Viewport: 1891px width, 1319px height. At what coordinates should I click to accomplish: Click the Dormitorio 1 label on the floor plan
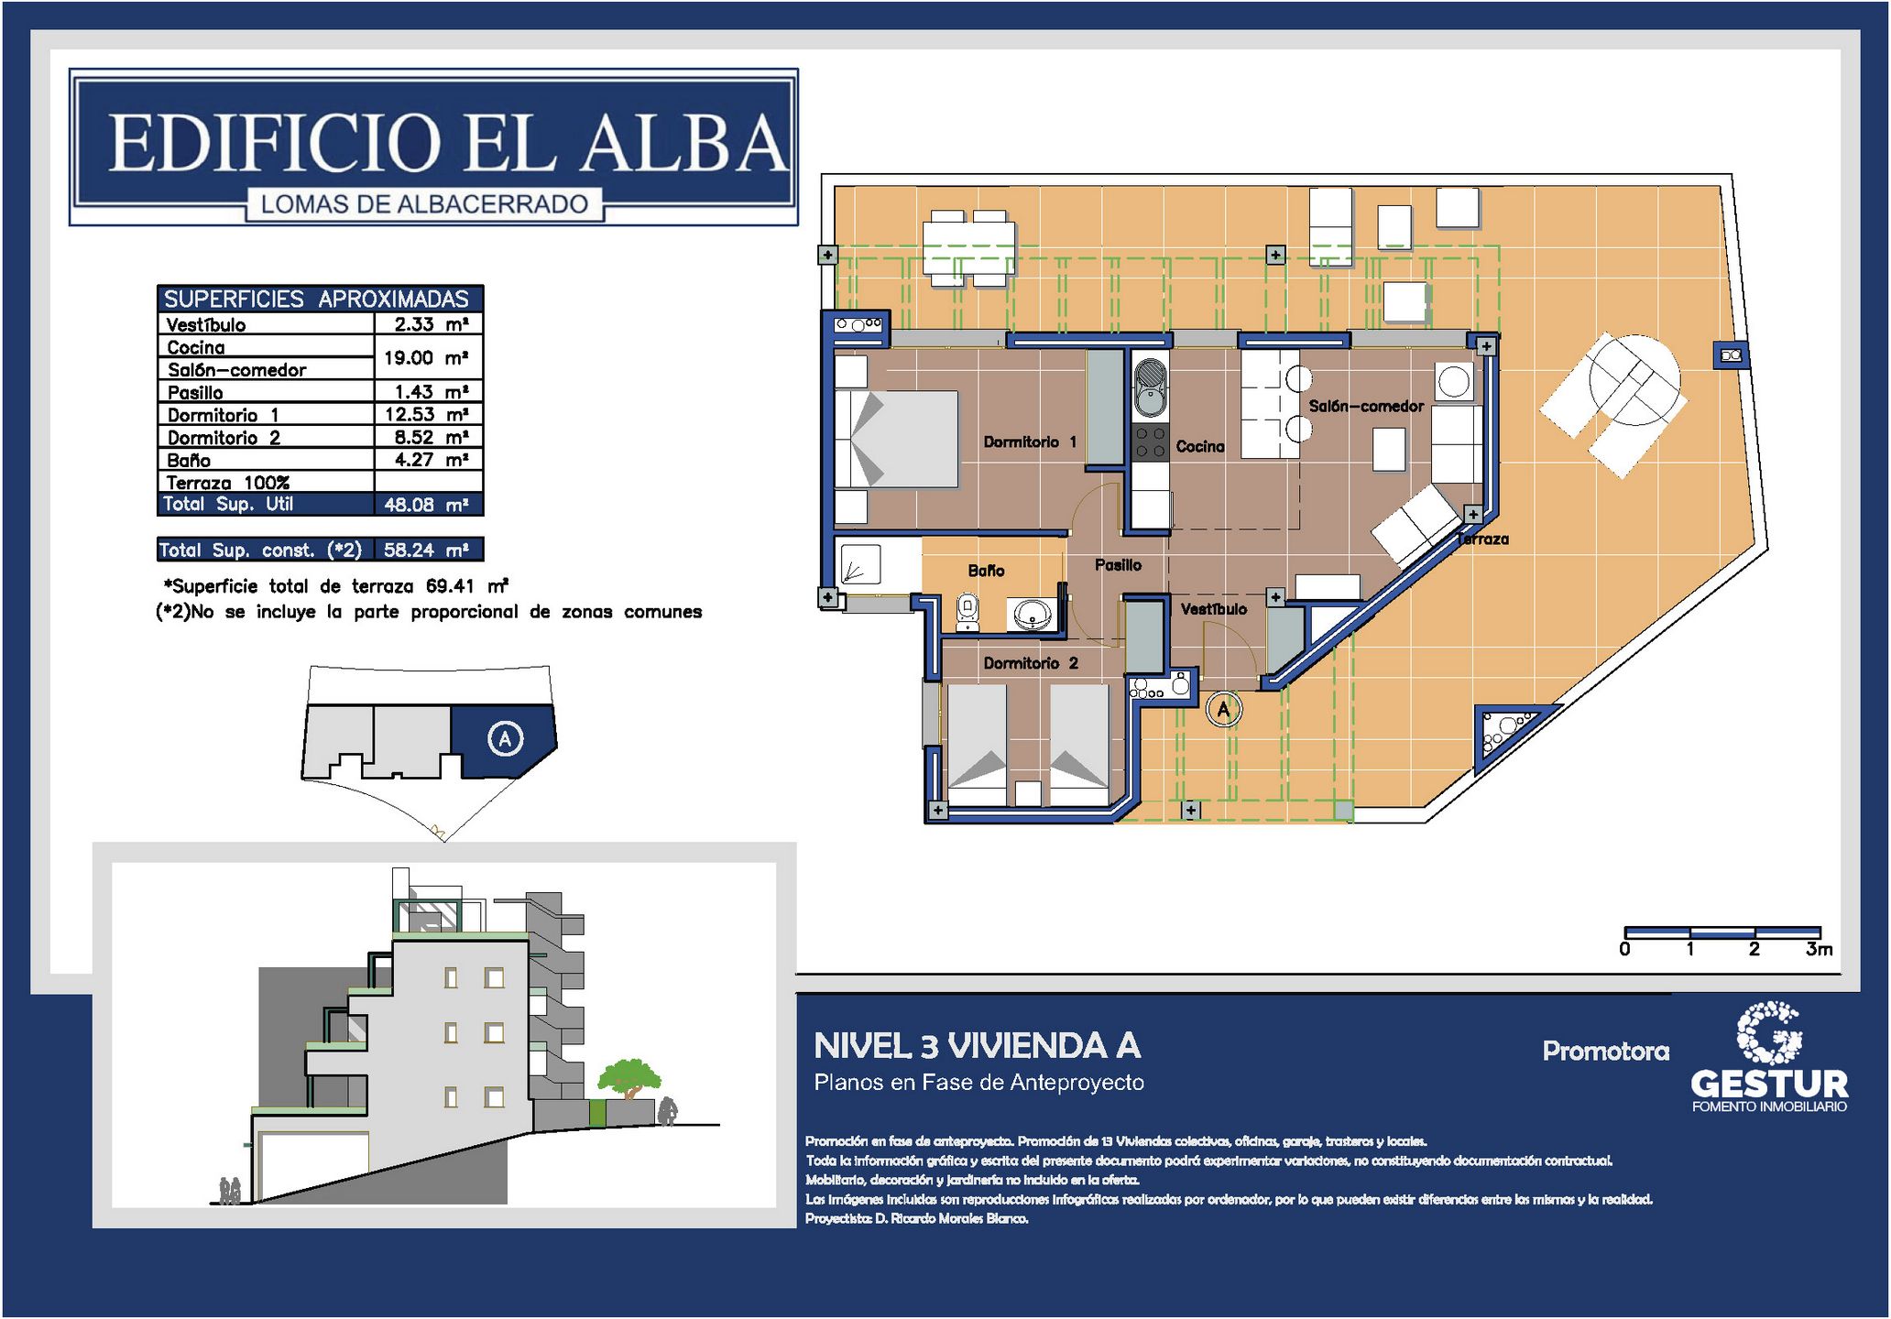[x=1030, y=442]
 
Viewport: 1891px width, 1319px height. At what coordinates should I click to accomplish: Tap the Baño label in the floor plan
[x=986, y=571]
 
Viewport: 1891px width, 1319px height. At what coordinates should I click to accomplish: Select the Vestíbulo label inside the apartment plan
[x=1213, y=609]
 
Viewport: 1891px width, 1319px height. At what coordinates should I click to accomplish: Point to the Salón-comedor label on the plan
[x=1366, y=406]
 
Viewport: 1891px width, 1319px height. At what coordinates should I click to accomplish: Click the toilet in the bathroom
[x=967, y=613]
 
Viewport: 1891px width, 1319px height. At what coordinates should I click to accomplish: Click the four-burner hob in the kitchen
[x=1150, y=441]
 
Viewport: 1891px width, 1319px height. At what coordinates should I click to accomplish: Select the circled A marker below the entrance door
[x=1223, y=709]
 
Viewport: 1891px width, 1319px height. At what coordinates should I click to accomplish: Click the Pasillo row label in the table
[x=195, y=393]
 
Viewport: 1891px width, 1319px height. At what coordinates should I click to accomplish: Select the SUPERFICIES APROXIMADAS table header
[x=316, y=299]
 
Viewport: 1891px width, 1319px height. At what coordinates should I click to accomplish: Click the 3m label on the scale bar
[x=1819, y=950]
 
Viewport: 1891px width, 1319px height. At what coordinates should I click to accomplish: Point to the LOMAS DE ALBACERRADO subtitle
[x=424, y=204]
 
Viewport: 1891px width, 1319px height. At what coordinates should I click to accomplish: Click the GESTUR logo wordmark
[x=1769, y=1085]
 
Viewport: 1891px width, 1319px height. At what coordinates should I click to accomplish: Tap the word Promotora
[x=1605, y=1051]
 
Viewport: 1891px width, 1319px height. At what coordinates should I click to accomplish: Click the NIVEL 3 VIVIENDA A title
[x=977, y=1046]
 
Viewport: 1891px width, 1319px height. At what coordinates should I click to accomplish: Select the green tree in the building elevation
[x=629, y=1078]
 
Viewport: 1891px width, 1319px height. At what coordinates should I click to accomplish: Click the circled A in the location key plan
[x=505, y=738]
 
